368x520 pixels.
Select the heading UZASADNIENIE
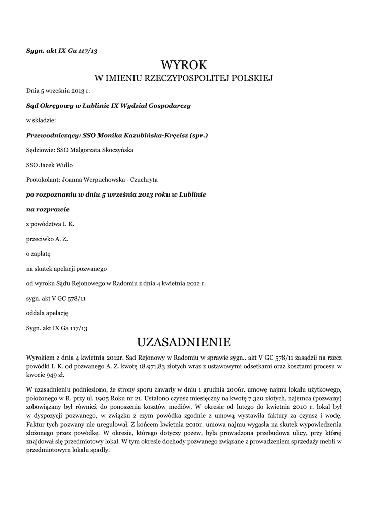point(184,341)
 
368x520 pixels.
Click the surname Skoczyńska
point(115,150)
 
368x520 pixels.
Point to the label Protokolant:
point(43,179)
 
